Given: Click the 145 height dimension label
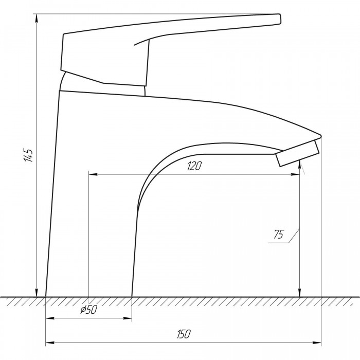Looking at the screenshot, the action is [x=29, y=155].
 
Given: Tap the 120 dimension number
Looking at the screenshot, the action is [x=194, y=166].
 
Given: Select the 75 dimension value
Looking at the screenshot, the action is [x=279, y=235].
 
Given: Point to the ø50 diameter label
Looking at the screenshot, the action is [x=89, y=310].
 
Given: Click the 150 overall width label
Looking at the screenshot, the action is [x=184, y=334].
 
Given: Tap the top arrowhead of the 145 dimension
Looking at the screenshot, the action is [x=37, y=18].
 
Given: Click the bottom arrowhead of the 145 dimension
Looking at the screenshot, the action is [x=37, y=293].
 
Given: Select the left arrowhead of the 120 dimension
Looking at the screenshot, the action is [x=93, y=174].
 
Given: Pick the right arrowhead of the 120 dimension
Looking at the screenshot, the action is [x=295, y=174].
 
